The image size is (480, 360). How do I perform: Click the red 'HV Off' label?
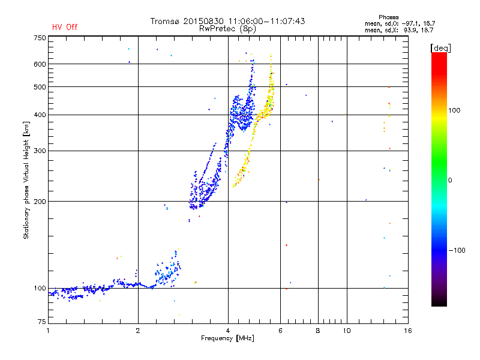[64, 27]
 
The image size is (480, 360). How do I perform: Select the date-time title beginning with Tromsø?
[227, 21]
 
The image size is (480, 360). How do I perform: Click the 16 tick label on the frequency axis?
[407, 331]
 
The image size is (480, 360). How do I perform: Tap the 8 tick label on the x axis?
[318, 331]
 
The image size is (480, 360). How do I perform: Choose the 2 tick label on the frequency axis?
[138, 331]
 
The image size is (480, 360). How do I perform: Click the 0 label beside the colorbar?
[451, 180]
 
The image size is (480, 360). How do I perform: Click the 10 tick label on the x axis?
[347, 331]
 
